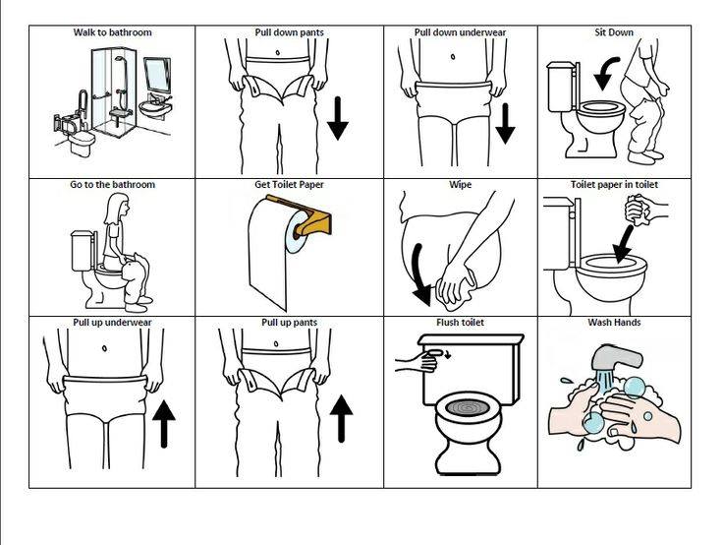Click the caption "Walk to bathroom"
[x=112, y=32]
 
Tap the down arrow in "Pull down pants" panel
[x=338, y=118]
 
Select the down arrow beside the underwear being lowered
[x=505, y=123]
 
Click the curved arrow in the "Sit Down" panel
[x=604, y=73]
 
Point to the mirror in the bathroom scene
[x=157, y=75]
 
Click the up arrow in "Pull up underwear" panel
[x=164, y=424]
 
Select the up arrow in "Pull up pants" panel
[x=341, y=418]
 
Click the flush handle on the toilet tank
[x=437, y=353]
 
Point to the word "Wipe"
[x=460, y=185]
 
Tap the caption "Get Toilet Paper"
[x=289, y=185]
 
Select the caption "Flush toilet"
[x=460, y=323]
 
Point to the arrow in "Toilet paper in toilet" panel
[x=624, y=245]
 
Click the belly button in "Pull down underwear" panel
[x=453, y=57]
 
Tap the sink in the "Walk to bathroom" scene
[x=155, y=108]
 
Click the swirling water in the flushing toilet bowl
[x=468, y=408]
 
